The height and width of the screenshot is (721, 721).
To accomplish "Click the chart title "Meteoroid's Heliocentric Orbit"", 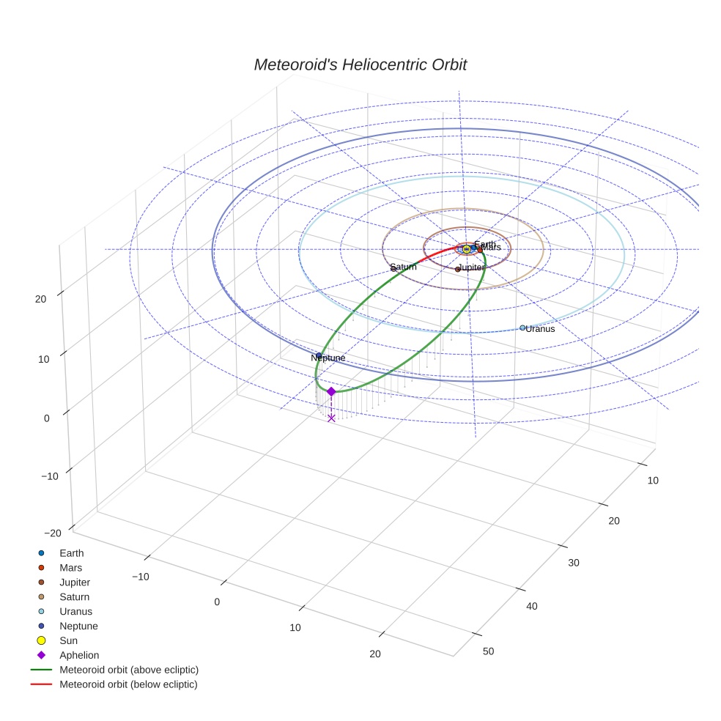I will (360, 64).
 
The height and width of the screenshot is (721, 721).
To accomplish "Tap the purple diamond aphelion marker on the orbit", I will (331, 391).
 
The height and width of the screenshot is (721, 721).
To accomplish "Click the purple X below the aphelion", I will (331, 418).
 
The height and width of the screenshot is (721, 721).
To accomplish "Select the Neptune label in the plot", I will (328, 358).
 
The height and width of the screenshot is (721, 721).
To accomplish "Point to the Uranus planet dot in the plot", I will (522, 328).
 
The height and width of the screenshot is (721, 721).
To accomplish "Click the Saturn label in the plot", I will (403, 267).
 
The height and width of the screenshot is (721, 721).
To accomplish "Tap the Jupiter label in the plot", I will (470, 267).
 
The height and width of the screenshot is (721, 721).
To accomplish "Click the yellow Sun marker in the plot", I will (467, 249).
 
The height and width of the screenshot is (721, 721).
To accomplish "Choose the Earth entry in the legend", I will (72, 552).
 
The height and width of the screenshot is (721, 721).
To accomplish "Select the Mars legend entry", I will (70, 567).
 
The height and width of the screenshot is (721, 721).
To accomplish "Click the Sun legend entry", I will (68, 640).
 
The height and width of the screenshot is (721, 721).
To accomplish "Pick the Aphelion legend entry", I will (79, 655).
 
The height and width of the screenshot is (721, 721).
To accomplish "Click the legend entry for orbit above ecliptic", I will (129, 670).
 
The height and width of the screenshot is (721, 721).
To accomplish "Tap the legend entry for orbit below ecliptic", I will (128, 684).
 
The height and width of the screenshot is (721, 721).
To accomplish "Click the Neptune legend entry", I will (78, 626).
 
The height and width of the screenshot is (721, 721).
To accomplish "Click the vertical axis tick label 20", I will (40, 298).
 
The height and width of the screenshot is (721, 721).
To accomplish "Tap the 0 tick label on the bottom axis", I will (217, 602).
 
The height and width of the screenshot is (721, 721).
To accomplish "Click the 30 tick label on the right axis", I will (574, 562).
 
